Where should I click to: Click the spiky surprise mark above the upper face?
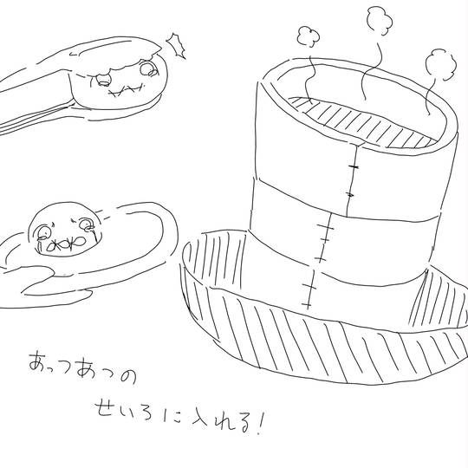176,46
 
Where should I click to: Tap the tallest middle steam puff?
379,20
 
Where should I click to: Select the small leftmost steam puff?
308,36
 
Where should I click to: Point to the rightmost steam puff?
440,65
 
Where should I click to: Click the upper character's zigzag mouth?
126,90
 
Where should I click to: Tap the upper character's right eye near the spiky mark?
148,68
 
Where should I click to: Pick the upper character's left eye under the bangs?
104,80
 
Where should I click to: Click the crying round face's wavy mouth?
66,243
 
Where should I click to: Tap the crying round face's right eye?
87,224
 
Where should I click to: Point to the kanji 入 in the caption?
202,419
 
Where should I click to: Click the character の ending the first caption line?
128,376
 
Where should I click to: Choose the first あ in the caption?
39,361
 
